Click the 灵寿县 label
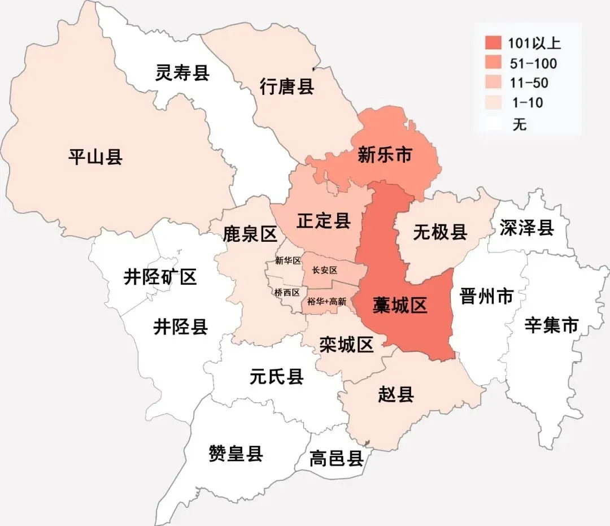tap(182, 73)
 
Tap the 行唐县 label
tap(287, 87)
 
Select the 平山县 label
tap(95, 157)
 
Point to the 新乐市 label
tap(385, 155)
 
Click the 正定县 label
tap(324, 221)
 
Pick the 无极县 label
tap(440, 231)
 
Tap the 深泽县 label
tap(526, 228)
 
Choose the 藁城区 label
tap(400, 305)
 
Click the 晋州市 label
tap(487, 295)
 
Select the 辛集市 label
tap(552, 325)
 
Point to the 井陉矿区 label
tap(160, 277)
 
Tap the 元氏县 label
tap(277, 376)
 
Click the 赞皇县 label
tap(236, 453)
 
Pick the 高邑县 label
tap(336, 458)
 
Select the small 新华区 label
tap(288, 260)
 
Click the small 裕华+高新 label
tap(326, 302)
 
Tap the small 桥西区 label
tap(287, 293)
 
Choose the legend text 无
tap(520, 124)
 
